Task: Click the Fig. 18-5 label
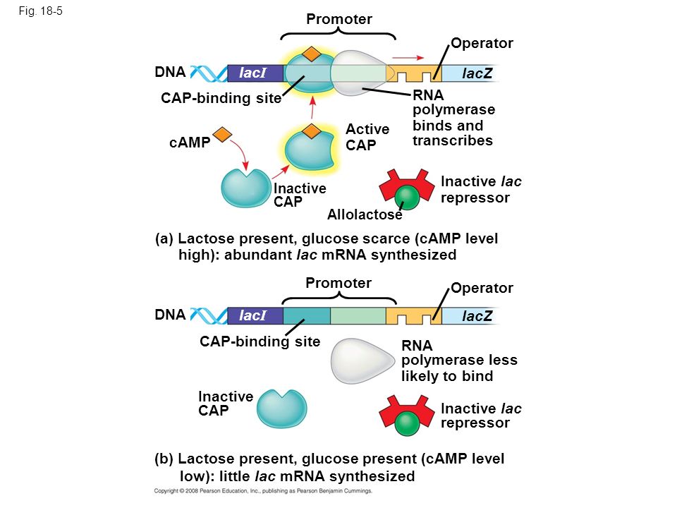(x=41, y=11)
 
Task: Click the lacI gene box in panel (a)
(x=255, y=73)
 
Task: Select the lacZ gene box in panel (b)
(x=470, y=316)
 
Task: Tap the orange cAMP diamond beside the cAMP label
(x=222, y=134)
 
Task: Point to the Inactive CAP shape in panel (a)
(x=245, y=188)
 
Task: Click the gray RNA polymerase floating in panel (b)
(x=362, y=361)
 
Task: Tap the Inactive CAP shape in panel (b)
(x=281, y=409)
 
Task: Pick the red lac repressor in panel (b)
(x=407, y=416)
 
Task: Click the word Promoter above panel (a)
(x=339, y=19)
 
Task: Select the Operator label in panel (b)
(x=482, y=288)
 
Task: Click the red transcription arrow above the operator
(x=408, y=57)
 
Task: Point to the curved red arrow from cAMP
(x=240, y=152)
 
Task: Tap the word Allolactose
(x=365, y=214)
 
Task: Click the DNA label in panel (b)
(x=170, y=315)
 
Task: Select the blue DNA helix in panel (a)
(x=209, y=73)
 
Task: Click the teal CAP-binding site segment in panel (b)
(x=307, y=316)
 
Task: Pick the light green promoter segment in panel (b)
(x=358, y=316)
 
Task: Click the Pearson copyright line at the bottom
(x=263, y=491)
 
